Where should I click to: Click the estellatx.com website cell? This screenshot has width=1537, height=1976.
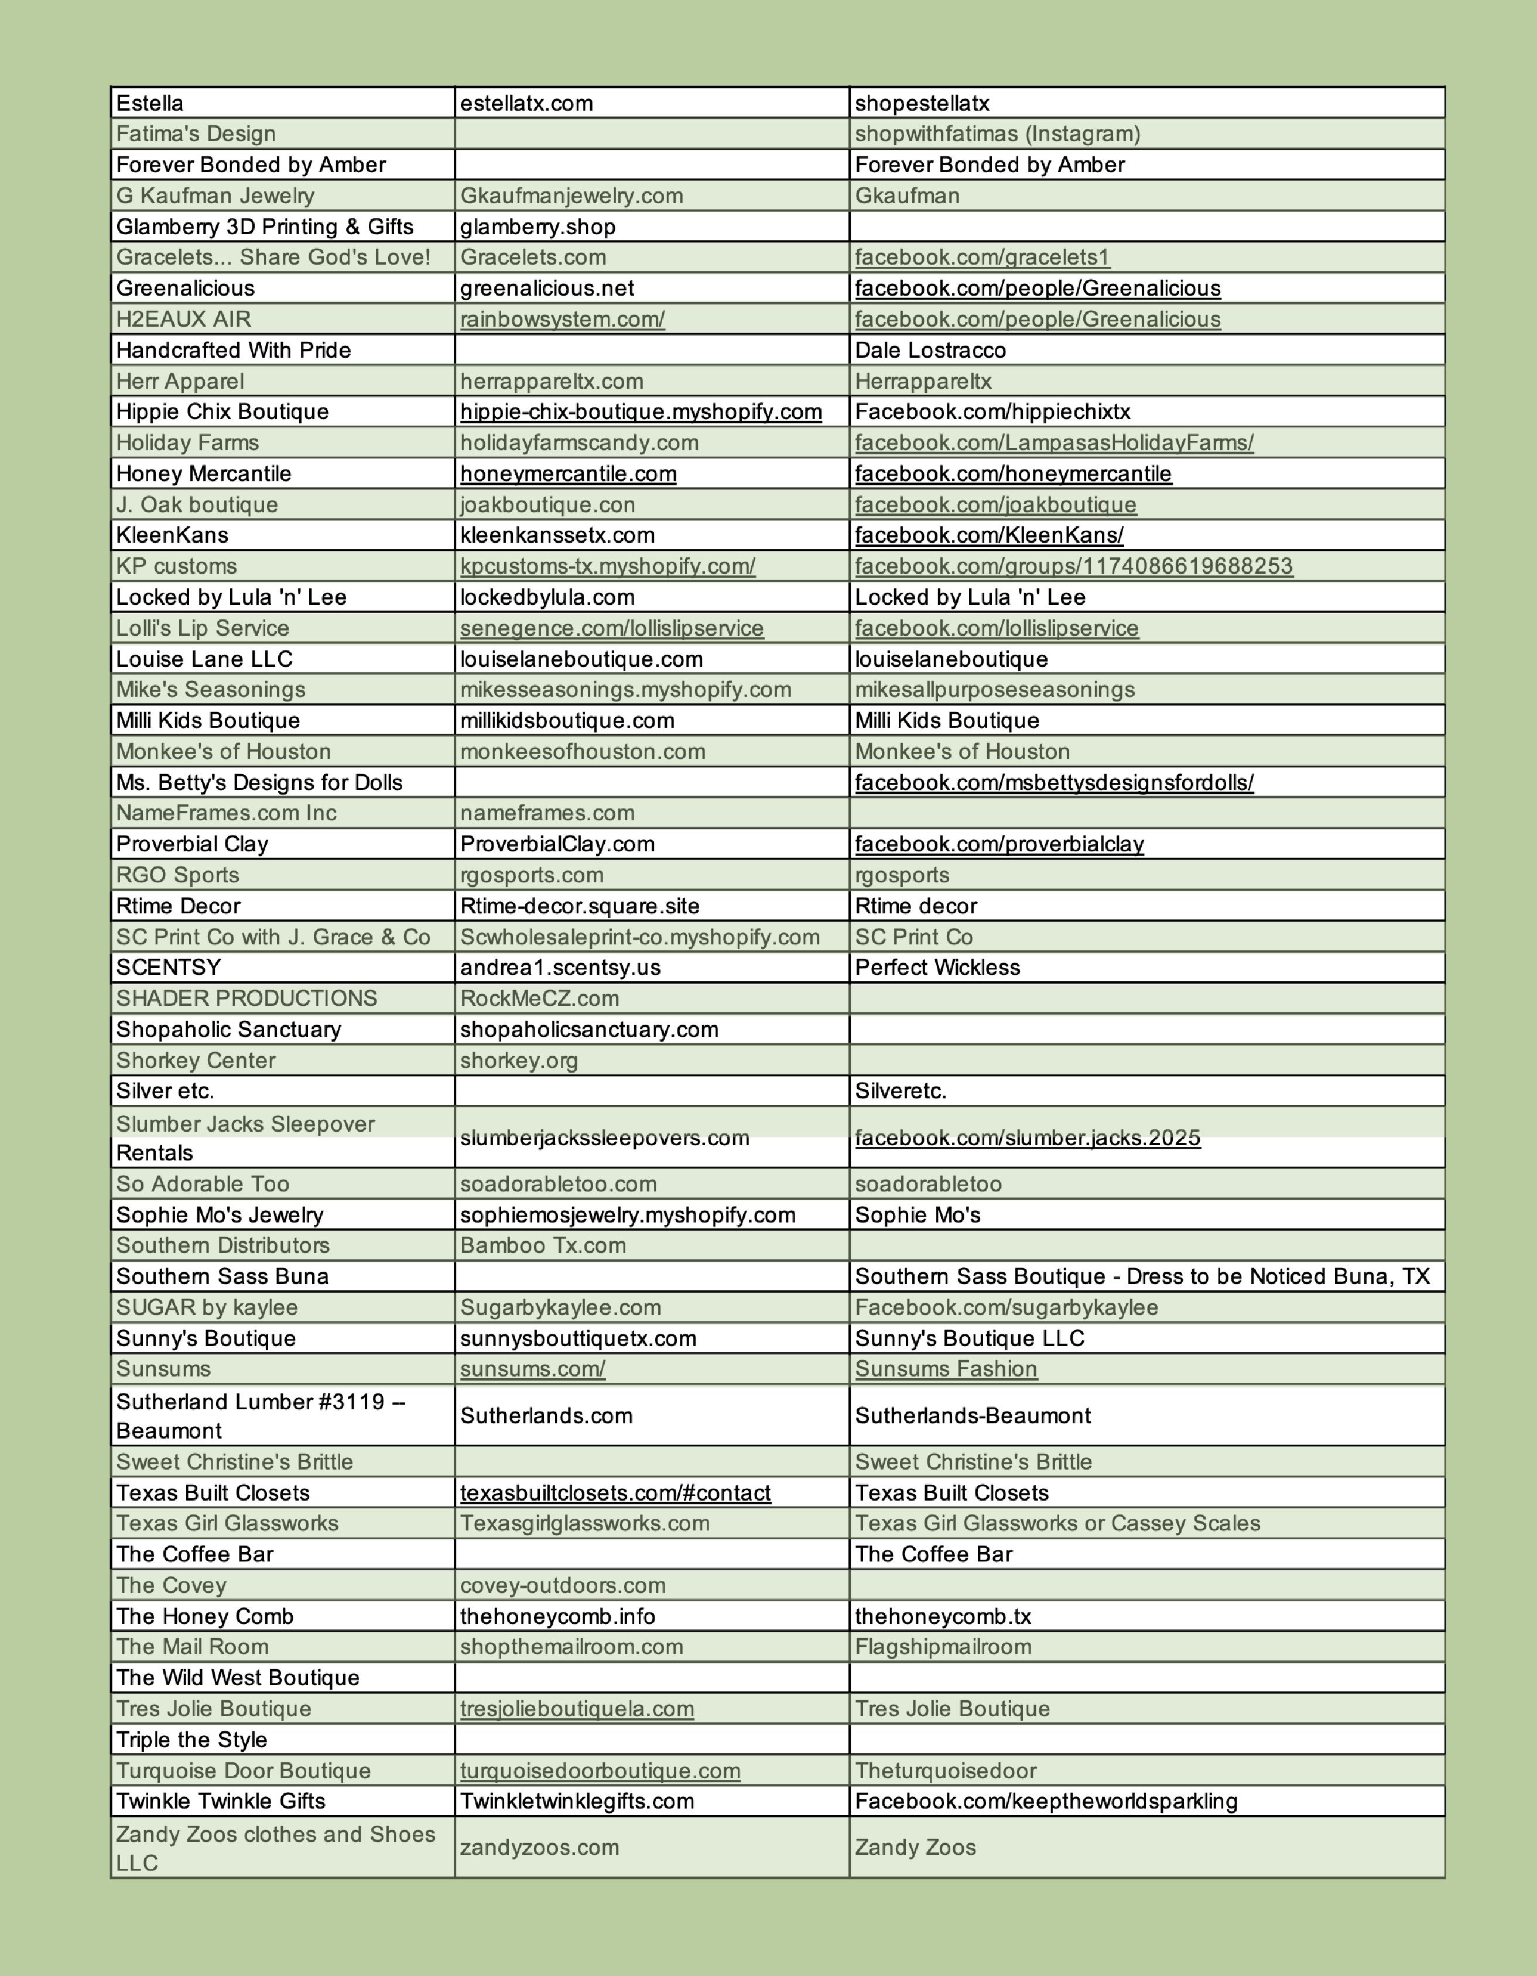coord(526,103)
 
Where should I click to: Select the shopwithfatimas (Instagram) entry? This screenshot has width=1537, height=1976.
coord(997,134)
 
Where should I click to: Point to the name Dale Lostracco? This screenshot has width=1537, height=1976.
coord(930,350)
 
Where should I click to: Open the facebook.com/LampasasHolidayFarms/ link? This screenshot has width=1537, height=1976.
coord(1054,443)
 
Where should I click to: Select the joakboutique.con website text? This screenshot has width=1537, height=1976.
coord(547,504)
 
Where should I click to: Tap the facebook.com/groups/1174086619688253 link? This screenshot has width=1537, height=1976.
coord(1074,566)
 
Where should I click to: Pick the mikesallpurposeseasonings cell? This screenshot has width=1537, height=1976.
coord(994,690)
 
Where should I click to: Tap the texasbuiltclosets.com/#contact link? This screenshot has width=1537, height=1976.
coord(615,1493)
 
